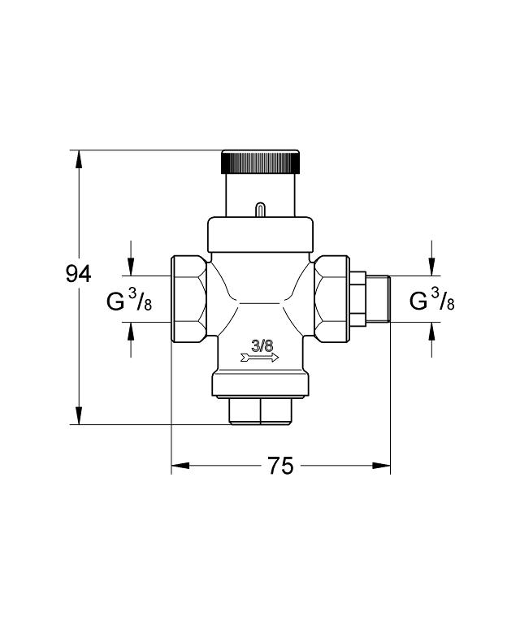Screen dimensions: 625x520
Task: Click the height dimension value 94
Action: tap(79, 275)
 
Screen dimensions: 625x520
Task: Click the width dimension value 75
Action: tap(279, 467)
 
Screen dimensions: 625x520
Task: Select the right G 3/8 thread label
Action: tap(431, 302)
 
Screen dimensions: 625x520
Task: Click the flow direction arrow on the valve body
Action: tap(260, 357)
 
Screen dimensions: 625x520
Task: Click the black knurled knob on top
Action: tap(260, 161)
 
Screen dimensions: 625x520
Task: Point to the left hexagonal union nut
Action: tap(188, 299)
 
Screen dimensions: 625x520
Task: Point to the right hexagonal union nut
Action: tap(332, 299)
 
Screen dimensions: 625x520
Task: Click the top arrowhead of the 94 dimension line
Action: tap(79, 158)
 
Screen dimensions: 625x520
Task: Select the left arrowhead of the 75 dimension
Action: tap(180, 467)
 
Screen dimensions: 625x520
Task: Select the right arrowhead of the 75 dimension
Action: tap(381, 467)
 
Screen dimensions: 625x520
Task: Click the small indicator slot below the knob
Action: tap(260, 210)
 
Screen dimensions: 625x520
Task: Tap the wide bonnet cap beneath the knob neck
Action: tap(260, 234)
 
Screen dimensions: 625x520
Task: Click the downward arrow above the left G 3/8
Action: tap(131, 266)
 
